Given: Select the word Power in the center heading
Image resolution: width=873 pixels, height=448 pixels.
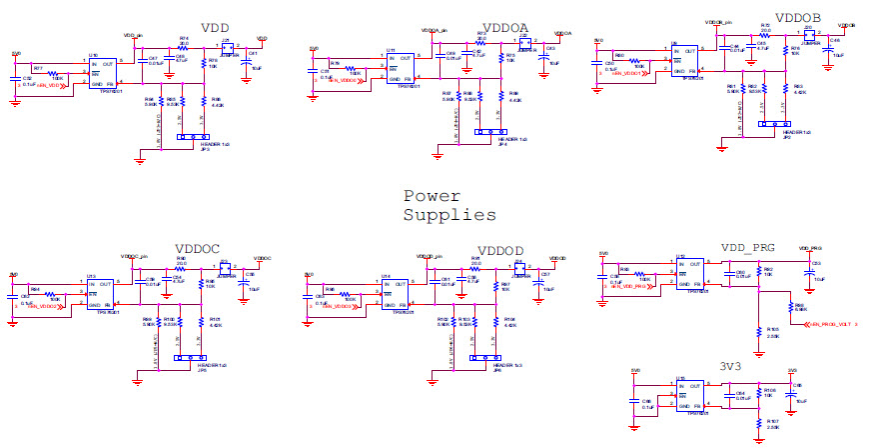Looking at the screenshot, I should coord(433,196).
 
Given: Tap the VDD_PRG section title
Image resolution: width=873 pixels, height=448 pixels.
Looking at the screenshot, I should coord(747,246).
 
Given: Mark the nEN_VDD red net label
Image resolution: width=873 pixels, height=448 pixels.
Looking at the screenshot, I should coord(51,86).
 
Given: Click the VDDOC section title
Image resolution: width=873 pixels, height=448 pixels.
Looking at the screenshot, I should coord(197,249).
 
